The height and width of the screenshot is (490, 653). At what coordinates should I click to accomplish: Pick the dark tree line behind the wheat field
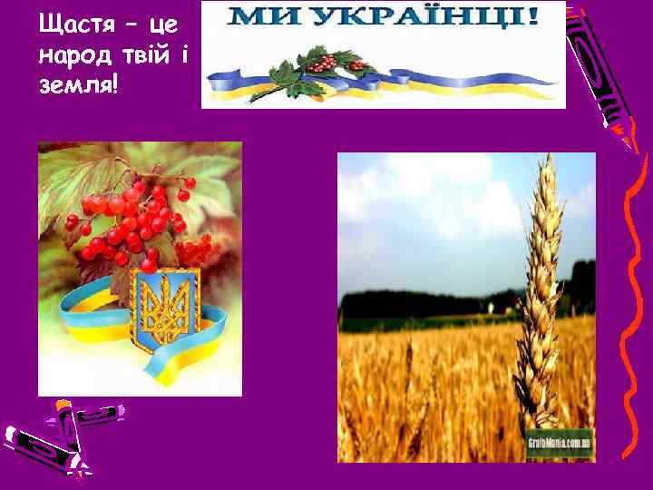coord(426,304)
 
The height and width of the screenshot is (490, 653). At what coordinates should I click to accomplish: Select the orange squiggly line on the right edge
coord(630,272)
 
